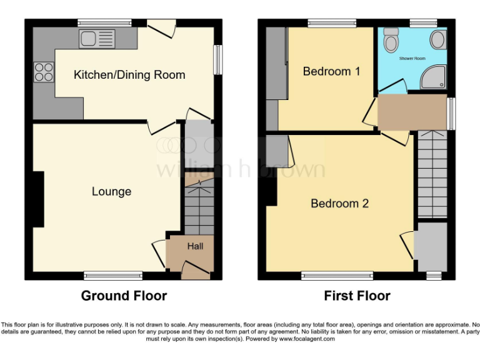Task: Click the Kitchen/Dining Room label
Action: click(x=129, y=75)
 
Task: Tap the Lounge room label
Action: click(x=111, y=191)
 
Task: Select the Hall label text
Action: click(x=195, y=246)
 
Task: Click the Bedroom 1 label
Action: click(x=331, y=71)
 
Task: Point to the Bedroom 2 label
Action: click(x=339, y=203)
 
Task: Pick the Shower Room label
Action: click(x=412, y=58)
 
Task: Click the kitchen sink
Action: click(x=97, y=39)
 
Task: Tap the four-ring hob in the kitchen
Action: click(x=44, y=72)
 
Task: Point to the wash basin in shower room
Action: click(x=437, y=40)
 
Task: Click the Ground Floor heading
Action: click(x=124, y=296)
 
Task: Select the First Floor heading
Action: click(x=357, y=296)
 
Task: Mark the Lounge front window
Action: click(x=113, y=275)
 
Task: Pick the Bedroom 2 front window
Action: click(x=337, y=275)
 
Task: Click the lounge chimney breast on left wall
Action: click(x=39, y=199)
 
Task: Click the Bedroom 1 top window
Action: click(x=332, y=23)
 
